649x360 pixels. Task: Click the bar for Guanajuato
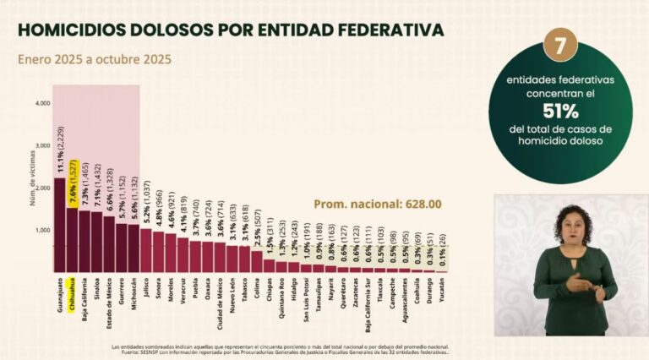tap(60, 225)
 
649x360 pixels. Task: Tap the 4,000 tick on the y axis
tap(42, 103)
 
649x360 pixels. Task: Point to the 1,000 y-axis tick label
tap(42, 230)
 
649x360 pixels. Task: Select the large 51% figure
tap(559, 111)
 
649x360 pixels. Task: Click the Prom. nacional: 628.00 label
tap(378, 204)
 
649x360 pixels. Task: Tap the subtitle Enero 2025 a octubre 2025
tap(95, 59)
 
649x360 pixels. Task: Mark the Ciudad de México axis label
tap(221, 308)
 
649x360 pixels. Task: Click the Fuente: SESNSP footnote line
tap(279, 351)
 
